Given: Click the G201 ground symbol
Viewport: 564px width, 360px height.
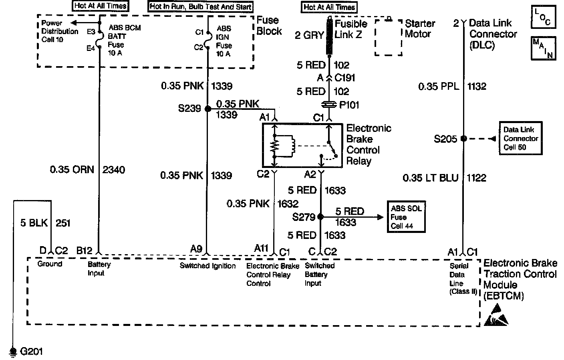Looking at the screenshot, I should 13,351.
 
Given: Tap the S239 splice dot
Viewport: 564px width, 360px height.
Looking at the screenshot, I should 207,109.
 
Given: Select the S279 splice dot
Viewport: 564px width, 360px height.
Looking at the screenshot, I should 320,216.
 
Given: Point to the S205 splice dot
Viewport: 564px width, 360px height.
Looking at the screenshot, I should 463,139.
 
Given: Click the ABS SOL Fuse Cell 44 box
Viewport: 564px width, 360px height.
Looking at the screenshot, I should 406,217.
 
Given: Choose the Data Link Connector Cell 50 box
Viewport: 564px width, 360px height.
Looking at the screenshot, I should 520,139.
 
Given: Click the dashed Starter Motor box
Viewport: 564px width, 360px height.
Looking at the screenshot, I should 388,37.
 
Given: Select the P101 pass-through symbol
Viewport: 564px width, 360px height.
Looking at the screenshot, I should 329,105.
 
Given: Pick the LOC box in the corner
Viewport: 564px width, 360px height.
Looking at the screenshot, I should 543,17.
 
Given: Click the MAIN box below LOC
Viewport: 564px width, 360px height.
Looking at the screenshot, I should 543,49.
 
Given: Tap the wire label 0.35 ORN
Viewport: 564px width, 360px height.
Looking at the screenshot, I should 72,170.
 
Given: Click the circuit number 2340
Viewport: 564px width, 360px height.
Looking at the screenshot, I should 114,170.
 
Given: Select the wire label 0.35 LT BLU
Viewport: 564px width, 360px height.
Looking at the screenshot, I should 430,178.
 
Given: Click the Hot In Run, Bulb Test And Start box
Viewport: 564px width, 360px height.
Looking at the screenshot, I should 200,6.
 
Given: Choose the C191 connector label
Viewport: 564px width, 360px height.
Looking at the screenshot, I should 345,78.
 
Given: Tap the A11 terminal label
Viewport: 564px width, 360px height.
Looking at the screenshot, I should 261,249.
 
